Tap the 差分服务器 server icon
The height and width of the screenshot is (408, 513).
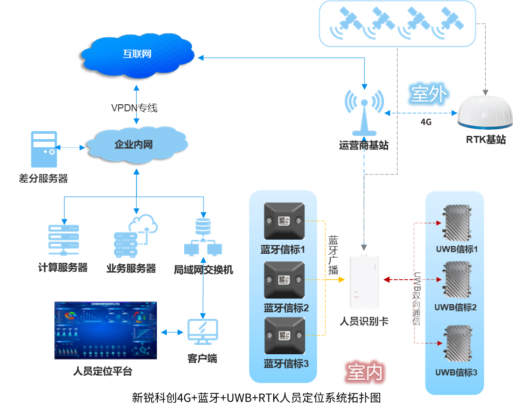click(44, 149)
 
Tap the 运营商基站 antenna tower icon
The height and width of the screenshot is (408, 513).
click(364, 114)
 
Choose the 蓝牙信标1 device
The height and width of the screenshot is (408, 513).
click(284, 221)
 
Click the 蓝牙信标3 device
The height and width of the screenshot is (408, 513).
click(284, 335)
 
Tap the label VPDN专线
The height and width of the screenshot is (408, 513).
click(134, 108)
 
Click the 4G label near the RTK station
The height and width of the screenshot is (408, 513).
click(426, 122)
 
